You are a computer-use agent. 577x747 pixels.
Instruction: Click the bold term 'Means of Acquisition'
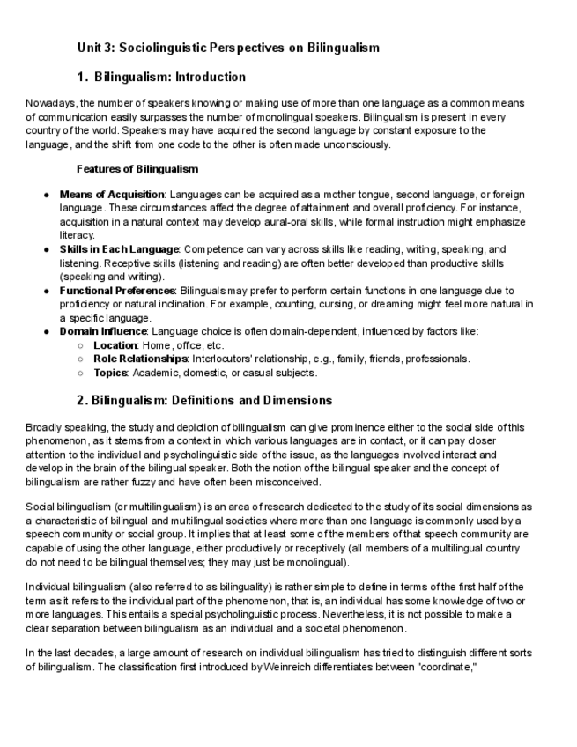pos(112,194)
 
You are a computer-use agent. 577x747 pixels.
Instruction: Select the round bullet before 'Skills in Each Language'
pos(45,250)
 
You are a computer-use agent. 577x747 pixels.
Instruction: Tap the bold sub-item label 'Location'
pos(115,345)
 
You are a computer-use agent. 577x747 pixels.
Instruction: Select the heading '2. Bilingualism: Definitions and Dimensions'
pos(204,401)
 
